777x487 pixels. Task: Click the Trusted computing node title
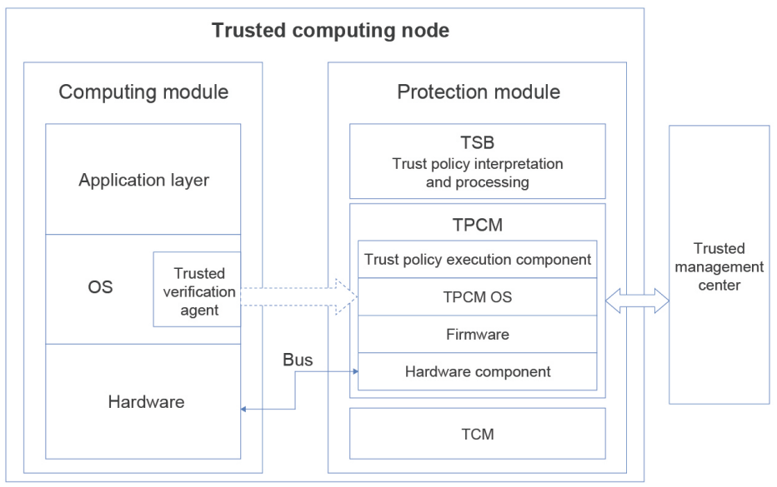point(330,32)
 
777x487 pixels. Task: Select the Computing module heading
point(143,92)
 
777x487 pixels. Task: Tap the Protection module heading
point(478,92)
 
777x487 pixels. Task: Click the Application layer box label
point(143,179)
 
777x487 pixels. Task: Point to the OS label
point(101,288)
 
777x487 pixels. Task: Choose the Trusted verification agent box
point(197,289)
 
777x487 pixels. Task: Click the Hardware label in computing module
point(146,402)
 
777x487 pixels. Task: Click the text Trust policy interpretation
point(477,164)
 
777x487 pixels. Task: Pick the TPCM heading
point(478,224)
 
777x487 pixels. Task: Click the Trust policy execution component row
point(478,259)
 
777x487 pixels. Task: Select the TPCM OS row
point(478,297)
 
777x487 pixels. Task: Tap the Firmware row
point(478,335)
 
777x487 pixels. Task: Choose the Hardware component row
point(478,371)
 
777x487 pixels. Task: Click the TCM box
point(478,433)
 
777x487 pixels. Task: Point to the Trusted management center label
point(718,267)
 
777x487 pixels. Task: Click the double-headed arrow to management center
point(638,301)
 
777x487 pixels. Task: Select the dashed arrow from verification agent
point(298,296)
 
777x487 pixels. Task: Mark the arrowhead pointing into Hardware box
point(244,409)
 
